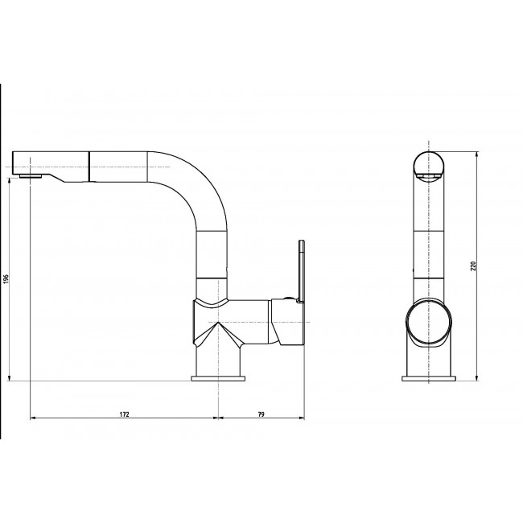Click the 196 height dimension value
(6, 278)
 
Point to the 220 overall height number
(474, 266)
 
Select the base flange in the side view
(219, 377)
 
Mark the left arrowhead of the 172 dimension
(32, 418)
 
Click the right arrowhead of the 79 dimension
(301, 418)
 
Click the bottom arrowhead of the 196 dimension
(10, 377)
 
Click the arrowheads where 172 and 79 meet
(219, 418)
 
